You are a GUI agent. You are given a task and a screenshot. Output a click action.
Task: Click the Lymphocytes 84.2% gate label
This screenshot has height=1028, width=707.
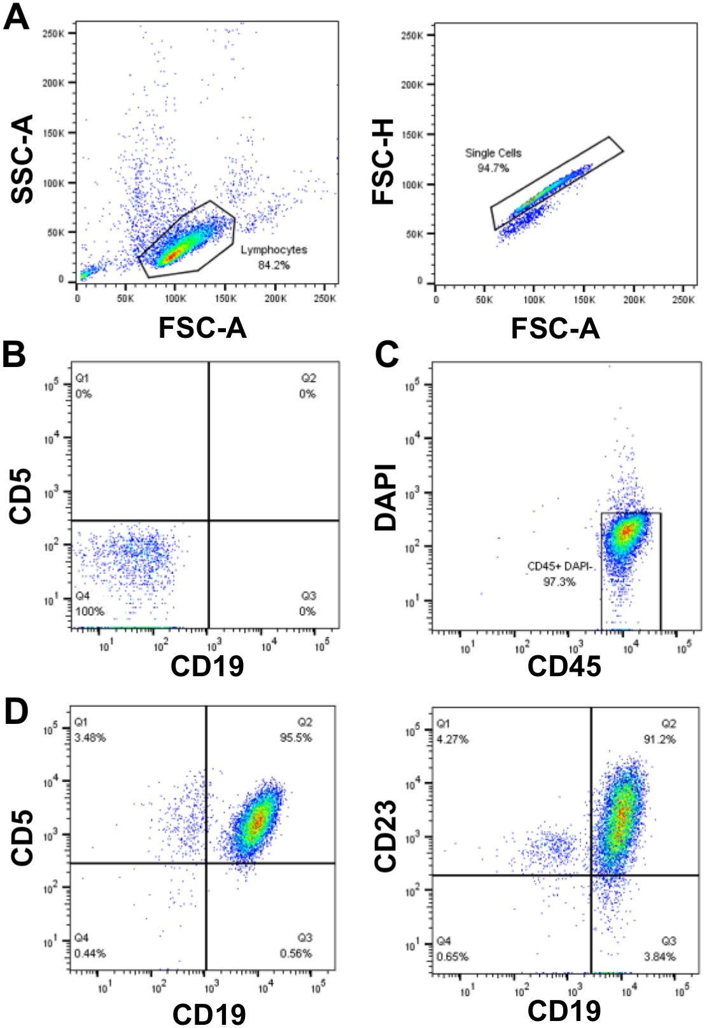click(274, 257)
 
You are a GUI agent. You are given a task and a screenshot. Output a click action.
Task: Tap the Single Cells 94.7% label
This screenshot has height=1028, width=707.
click(493, 160)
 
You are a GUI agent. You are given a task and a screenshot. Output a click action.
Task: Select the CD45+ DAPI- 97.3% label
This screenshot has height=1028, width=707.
click(559, 574)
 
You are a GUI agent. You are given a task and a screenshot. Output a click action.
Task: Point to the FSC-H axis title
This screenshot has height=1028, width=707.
click(384, 162)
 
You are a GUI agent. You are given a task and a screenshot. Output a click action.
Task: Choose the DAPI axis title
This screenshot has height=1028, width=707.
click(386, 497)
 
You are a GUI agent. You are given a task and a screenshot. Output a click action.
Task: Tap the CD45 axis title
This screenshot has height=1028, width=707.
click(564, 666)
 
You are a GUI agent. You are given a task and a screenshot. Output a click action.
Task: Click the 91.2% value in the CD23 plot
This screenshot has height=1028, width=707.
click(662, 740)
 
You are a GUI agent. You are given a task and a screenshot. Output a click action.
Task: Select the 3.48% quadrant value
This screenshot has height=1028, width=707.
click(90, 738)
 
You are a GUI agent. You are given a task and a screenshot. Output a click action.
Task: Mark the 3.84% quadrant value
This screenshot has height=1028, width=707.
click(662, 957)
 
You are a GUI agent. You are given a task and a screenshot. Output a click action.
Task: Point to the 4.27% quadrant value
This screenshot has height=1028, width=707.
click(452, 740)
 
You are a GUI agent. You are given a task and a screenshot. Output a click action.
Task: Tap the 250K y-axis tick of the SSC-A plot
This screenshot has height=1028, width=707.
click(53, 32)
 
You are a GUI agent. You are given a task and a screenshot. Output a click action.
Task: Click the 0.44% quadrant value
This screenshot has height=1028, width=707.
click(90, 954)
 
